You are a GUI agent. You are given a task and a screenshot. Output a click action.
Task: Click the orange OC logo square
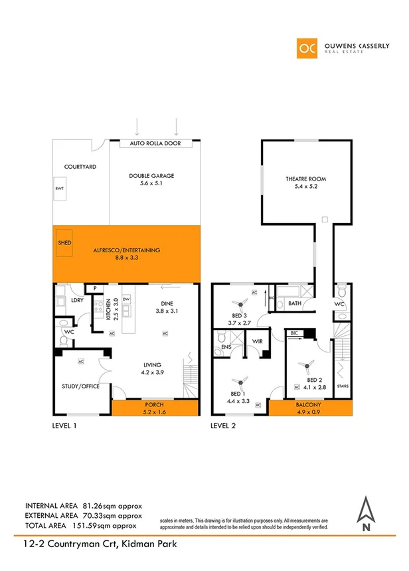coord(307,48)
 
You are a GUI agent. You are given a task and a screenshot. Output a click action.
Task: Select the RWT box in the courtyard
coord(60,189)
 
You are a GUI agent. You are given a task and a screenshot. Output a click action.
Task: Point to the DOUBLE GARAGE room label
coord(151,175)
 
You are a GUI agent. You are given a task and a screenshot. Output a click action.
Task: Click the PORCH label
coord(154,404)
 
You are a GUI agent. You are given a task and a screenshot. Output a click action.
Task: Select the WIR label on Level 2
coord(256,343)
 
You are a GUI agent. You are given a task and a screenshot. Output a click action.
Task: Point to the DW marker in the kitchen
coord(125,299)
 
